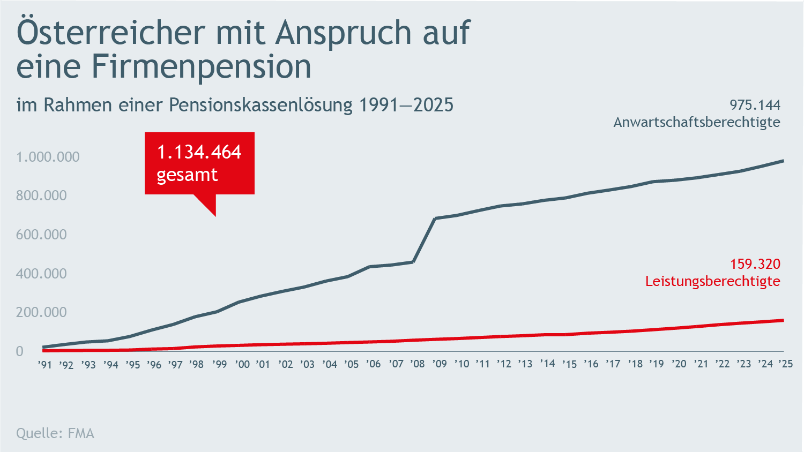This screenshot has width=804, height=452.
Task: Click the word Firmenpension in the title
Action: [x=201, y=66]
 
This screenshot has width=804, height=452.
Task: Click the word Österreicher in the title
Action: [x=111, y=32]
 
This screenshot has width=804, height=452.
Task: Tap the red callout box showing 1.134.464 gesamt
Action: [x=199, y=163]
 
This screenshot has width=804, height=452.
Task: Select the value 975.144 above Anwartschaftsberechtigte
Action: [x=755, y=104]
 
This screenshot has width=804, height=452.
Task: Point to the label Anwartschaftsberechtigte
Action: [x=696, y=122]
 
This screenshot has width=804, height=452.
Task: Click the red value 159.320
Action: [x=755, y=264]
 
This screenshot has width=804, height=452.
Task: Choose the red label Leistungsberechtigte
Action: [x=712, y=281]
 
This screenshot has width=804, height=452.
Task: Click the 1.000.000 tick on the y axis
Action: [x=48, y=157]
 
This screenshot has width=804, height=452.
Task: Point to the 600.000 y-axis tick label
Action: [x=41, y=235]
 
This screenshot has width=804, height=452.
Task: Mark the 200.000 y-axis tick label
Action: [x=41, y=312]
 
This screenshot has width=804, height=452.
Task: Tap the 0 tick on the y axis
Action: [x=20, y=351]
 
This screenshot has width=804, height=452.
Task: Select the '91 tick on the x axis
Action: [x=45, y=365]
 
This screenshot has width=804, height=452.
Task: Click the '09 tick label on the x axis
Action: [x=439, y=364]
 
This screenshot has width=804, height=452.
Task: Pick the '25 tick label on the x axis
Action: [x=785, y=364]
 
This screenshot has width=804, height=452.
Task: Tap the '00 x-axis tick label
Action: [x=242, y=364]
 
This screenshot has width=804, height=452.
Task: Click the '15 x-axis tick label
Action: [x=569, y=364]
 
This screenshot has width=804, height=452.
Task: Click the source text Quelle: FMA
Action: [x=55, y=433]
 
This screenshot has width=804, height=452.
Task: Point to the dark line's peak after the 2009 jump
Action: [x=435, y=219]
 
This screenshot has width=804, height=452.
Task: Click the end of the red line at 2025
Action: [x=783, y=320]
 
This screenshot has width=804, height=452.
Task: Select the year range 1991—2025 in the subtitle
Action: [x=406, y=104]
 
